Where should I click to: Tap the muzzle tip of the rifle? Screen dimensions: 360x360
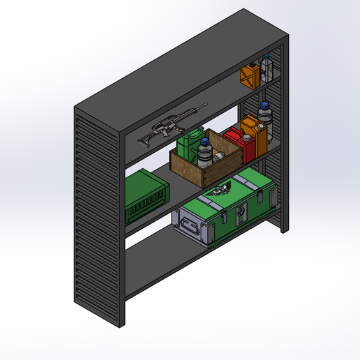click(x=206, y=105)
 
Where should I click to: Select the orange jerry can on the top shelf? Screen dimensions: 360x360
click(x=250, y=75)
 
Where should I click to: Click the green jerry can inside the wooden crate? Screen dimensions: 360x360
click(x=189, y=146)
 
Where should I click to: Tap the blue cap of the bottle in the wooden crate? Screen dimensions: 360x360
click(x=204, y=142)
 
